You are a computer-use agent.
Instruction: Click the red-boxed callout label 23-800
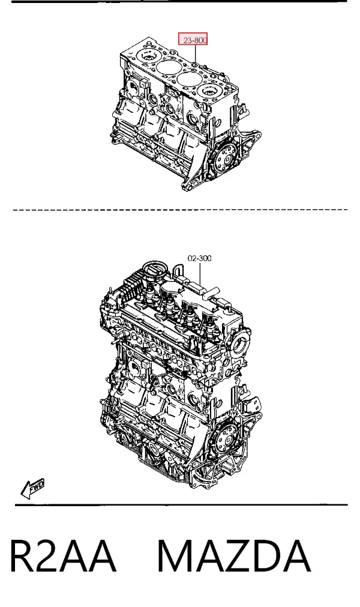pyautogui.click(x=193, y=39)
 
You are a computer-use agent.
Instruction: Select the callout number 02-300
pyautogui.click(x=200, y=258)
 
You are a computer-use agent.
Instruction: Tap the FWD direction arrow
pyautogui.click(x=32, y=489)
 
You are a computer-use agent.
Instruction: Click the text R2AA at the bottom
pyautogui.click(x=62, y=556)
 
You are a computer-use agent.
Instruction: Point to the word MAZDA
pyautogui.click(x=234, y=556)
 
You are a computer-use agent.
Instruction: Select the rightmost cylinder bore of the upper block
pyautogui.click(x=209, y=91)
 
